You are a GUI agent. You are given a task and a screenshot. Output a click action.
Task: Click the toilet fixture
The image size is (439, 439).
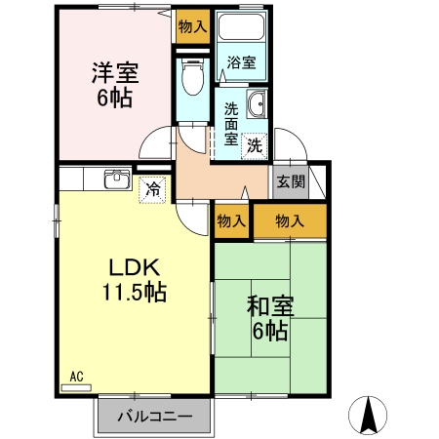pos(193,77)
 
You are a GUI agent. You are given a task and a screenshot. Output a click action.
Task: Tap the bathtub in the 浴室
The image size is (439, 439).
pos(241,26)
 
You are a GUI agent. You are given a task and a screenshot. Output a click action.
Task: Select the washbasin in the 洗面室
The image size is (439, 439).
pos(257,103)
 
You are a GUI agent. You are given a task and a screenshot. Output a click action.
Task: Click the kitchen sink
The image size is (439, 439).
pos(117,180)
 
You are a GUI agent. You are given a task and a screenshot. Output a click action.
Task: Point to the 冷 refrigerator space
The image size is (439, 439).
pos(152,189)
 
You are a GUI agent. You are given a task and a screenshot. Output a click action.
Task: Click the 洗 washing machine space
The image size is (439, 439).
pos(255,146)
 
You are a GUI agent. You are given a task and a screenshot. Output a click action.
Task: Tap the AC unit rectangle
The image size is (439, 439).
pos(76,387)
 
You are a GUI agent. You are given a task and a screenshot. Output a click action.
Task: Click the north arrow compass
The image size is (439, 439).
pos(368,416)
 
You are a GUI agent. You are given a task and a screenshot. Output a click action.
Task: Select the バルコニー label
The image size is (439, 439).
pos(155,417)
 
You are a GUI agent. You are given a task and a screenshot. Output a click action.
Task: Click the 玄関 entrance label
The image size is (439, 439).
pos(291,181)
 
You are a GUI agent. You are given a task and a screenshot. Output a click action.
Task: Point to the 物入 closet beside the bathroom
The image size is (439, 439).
pos(193,26)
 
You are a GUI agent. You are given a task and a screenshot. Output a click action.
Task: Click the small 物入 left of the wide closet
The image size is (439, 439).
pos(231,221)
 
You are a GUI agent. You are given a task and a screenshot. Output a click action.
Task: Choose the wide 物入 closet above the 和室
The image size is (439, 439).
pos(290,221)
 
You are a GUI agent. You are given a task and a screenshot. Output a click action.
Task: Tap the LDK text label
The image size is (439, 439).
pos(135,267)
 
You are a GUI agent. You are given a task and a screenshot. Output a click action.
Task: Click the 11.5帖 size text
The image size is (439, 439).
pos(135,292)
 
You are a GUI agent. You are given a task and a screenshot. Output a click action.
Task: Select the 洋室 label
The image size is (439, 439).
pos(115,73)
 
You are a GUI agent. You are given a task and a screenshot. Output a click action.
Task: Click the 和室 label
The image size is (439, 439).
pos(270,306)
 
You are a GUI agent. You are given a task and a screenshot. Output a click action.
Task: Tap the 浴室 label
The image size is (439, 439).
pos(241,62)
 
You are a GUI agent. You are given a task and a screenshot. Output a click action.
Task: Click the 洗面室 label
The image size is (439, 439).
pos(231,124)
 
